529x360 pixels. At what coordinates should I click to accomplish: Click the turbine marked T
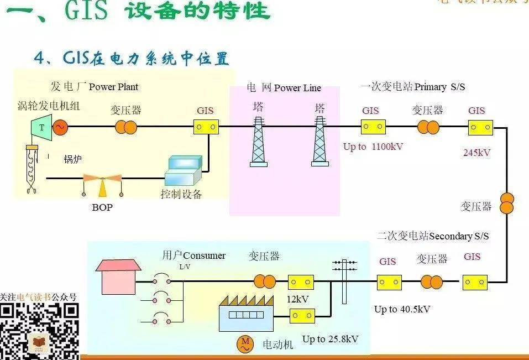[40, 127]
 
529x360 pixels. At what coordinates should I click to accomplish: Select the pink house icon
[118, 276]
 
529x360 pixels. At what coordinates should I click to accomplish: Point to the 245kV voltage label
[476, 153]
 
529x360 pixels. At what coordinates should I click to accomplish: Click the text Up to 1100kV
[373, 147]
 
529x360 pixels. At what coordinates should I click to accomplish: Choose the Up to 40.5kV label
[402, 309]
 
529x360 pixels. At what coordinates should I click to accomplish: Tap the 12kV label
[297, 299]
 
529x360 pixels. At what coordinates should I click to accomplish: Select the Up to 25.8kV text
[330, 339]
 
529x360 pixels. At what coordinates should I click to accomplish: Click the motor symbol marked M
[245, 344]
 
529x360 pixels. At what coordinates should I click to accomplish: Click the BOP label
[102, 208]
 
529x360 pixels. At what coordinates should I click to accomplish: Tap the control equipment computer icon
[183, 170]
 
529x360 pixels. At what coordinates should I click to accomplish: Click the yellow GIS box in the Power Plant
[206, 128]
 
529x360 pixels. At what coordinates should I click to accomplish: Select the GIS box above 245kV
[480, 128]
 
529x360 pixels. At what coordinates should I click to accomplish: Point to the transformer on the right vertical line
[507, 203]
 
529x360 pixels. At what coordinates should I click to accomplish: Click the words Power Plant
[113, 87]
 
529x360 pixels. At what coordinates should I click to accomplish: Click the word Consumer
[204, 255]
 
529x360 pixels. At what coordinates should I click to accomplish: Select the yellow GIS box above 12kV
[301, 282]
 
